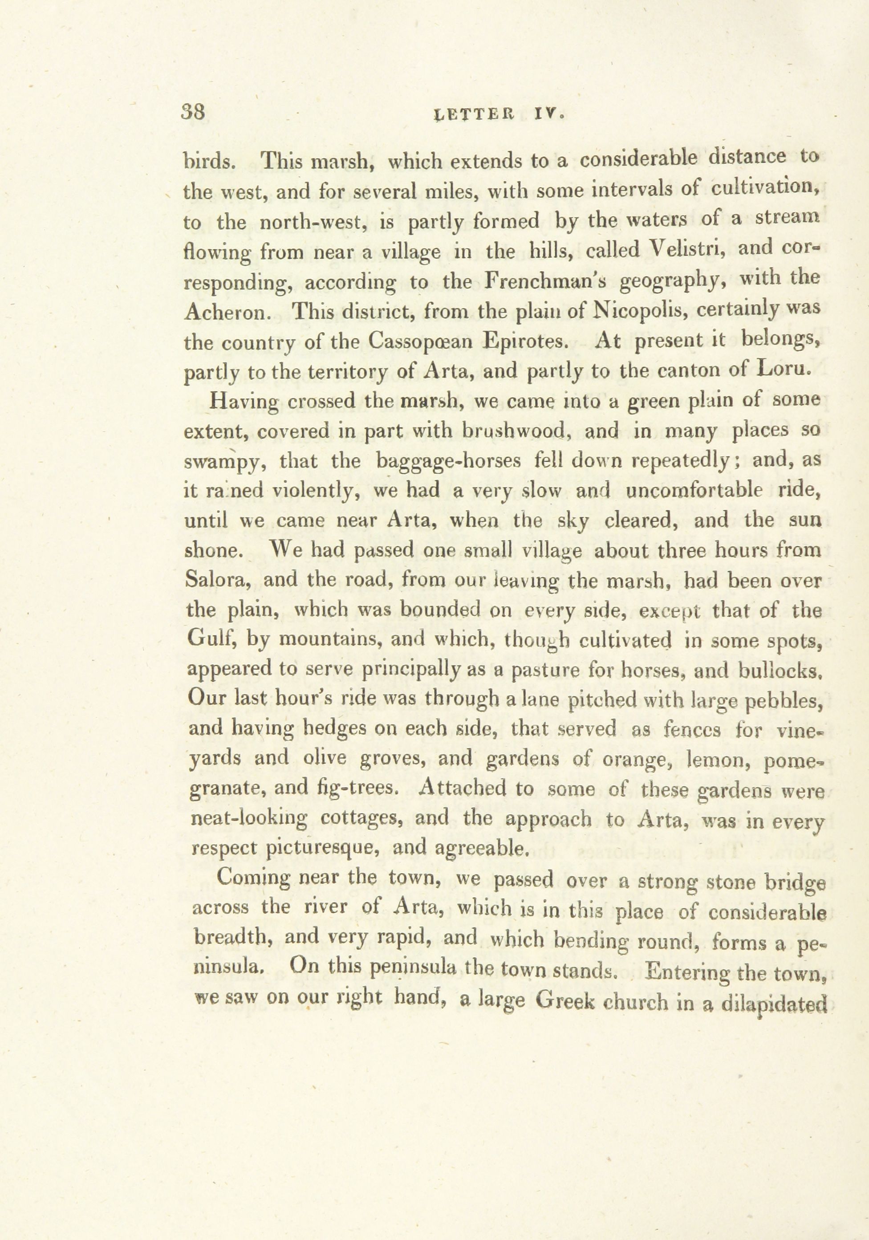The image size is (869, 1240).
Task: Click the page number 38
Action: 195,113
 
